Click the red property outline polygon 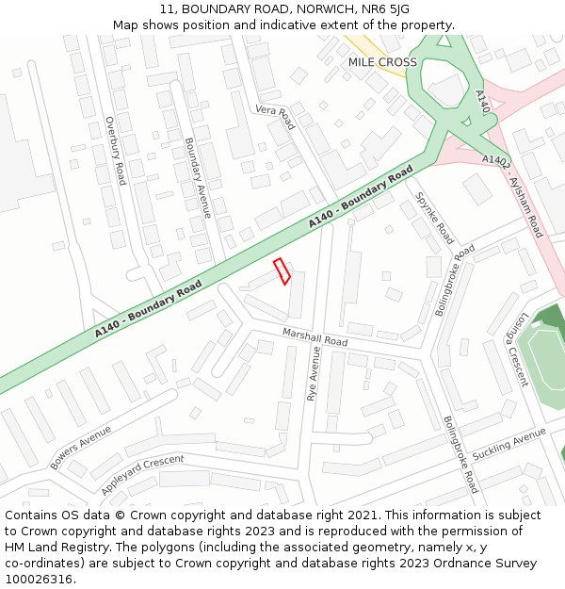281,270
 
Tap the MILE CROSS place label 382,62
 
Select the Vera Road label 275,118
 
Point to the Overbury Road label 115,150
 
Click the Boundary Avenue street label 197,177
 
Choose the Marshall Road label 315,335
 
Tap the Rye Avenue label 314,374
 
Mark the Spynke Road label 435,218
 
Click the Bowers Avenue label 81,448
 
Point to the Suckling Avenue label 508,444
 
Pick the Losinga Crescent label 517,350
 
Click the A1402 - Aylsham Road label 513,195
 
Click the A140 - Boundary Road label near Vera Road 361,197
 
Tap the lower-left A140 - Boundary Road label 149,309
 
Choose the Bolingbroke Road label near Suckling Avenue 460,454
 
